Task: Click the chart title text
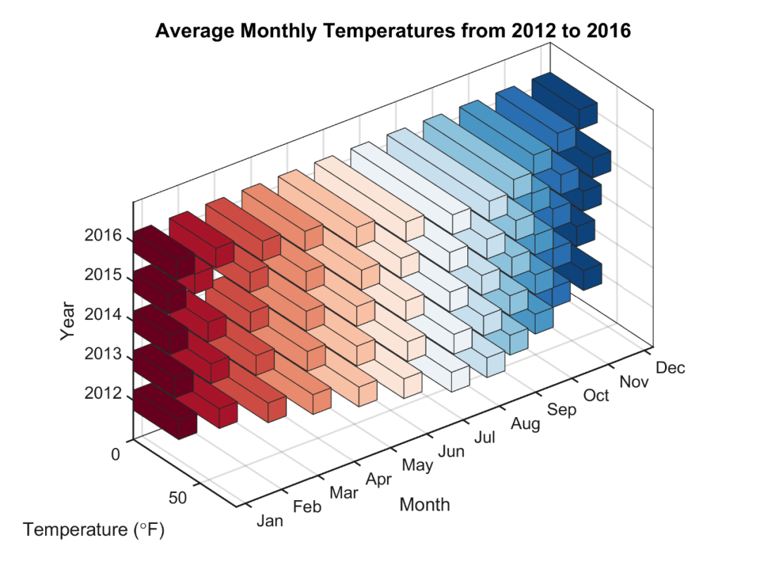(x=393, y=32)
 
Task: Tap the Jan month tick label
(x=270, y=521)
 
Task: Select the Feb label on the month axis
(x=307, y=506)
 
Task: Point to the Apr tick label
(x=379, y=479)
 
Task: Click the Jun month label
(x=451, y=451)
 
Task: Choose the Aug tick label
(x=526, y=423)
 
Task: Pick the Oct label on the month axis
(x=597, y=395)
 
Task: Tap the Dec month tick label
(x=670, y=368)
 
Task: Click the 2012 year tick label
(x=102, y=393)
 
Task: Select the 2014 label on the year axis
(x=102, y=314)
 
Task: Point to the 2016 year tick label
(x=102, y=236)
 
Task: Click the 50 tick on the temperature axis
(x=178, y=498)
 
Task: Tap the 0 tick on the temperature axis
(x=115, y=454)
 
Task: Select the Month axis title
(x=424, y=504)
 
